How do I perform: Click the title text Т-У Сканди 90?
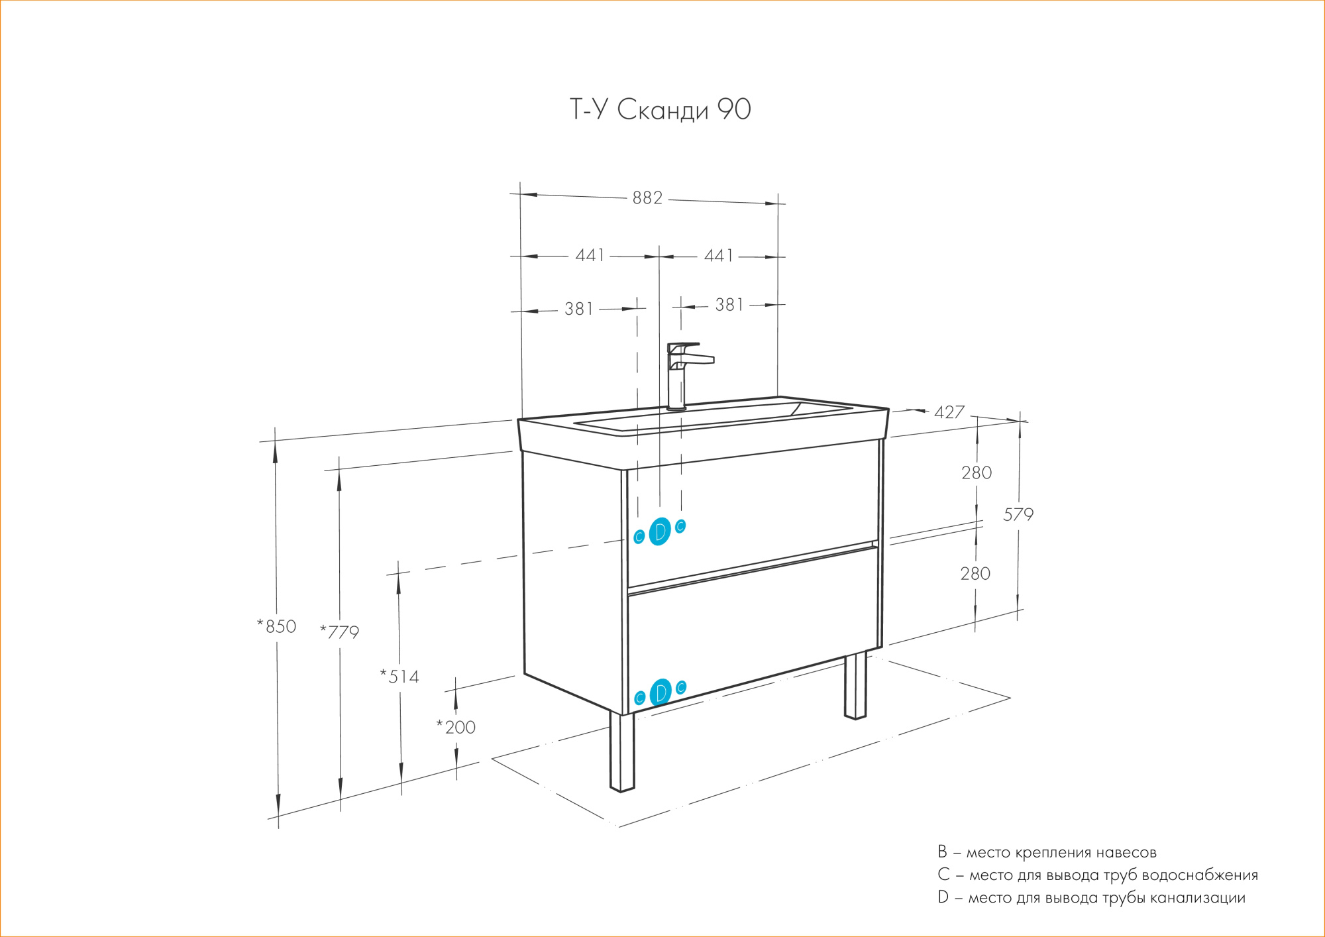tap(660, 110)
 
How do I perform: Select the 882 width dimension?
tap(647, 198)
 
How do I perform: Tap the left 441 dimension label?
tap(590, 256)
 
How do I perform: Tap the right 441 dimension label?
tap(718, 256)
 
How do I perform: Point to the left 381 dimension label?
tap(578, 309)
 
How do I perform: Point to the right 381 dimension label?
tap(729, 305)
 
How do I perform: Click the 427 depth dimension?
tap(949, 413)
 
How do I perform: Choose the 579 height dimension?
tap(1018, 515)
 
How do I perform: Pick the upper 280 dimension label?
tap(977, 473)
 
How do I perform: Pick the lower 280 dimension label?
tap(975, 574)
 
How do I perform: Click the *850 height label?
tap(277, 627)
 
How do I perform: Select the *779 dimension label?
tap(340, 632)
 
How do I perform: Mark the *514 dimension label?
tap(399, 677)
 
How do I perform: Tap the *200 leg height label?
tap(456, 728)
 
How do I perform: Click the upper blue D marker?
tap(660, 531)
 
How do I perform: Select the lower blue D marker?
tap(661, 693)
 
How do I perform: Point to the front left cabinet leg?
tap(622, 752)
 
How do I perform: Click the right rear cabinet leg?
tap(855, 686)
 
